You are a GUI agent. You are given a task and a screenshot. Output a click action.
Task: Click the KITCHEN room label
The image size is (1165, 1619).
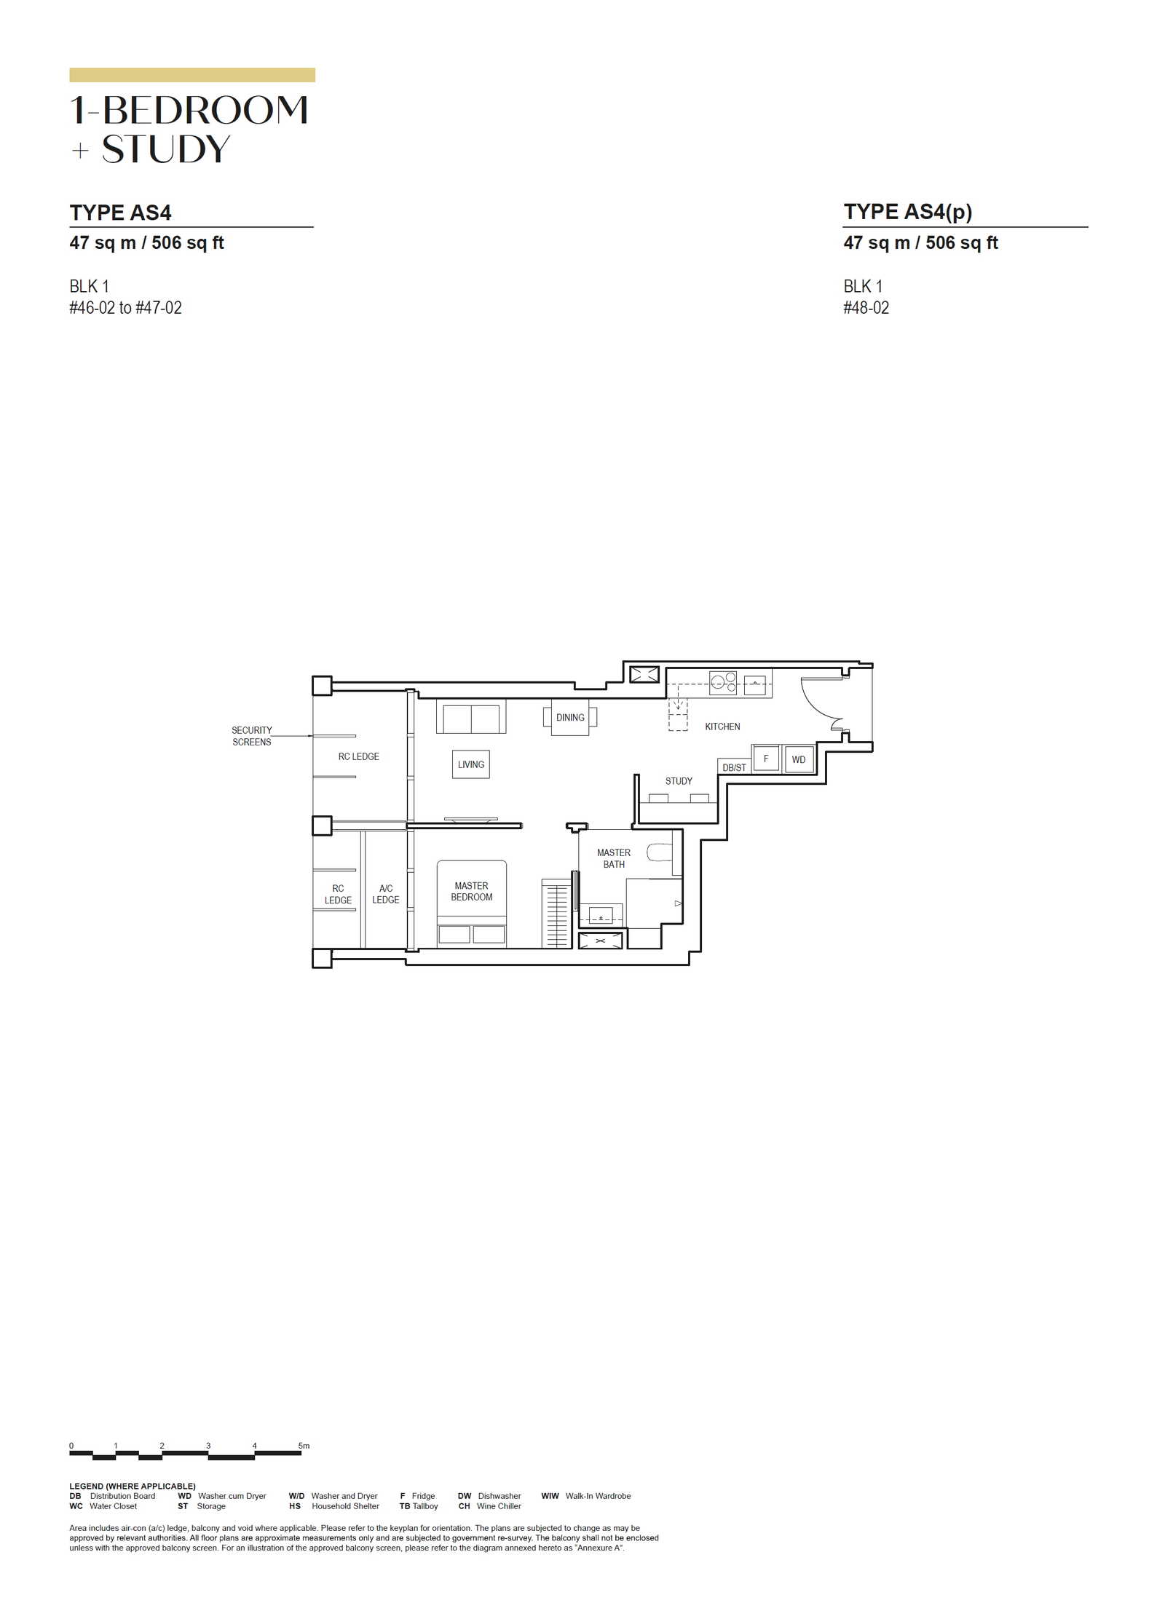[722, 727]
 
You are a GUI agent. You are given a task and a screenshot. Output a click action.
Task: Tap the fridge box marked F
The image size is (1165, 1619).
[766, 759]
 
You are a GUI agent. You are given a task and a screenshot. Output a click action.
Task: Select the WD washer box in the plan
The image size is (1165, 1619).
[799, 759]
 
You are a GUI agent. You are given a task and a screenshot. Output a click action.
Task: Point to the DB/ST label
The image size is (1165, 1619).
[734, 767]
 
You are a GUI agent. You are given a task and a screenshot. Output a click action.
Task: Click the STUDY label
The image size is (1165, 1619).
[679, 781]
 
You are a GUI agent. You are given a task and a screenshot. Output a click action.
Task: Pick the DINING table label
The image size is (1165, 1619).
[570, 717]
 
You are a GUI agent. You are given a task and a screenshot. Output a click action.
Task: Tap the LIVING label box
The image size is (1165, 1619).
[471, 764]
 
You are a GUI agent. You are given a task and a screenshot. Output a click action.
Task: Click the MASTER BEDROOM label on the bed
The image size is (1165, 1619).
[471, 891]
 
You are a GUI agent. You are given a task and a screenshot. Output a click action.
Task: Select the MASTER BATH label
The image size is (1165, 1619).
[614, 858]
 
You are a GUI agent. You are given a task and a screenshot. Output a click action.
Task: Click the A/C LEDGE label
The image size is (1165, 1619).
[386, 894]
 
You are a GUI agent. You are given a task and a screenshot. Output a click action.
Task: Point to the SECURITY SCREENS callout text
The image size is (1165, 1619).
[252, 736]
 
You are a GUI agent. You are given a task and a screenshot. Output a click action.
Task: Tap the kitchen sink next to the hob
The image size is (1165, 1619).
[755, 685]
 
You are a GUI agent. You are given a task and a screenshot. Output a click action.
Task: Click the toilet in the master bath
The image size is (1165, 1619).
[659, 852]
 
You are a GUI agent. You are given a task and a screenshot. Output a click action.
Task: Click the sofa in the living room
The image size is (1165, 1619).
[471, 716]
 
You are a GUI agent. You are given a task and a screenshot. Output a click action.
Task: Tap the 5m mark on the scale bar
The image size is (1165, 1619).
[304, 1446]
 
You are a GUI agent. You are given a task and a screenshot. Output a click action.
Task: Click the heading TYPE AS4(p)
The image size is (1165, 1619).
[908, 212]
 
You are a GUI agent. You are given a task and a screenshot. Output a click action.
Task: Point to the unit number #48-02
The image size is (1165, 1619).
[866, 308]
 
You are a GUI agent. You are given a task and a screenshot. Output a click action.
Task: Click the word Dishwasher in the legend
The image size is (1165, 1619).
[499, 1496]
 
